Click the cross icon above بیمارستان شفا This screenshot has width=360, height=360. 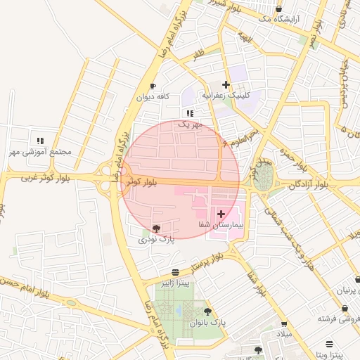click(x=221, y=213)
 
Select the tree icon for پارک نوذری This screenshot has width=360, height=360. click(x=155, y=229)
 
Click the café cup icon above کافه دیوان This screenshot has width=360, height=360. click(x=153, y=86)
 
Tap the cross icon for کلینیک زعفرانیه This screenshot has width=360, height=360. click(x=225, y=84)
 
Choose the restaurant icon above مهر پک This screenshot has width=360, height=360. click(x=189, y=113)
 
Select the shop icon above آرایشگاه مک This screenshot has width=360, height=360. click(x=279, y=9)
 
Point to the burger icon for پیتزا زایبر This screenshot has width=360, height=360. click(x=175, y=272)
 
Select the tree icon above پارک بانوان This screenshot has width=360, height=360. click(x=207, y=311)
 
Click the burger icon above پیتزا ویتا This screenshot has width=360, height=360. click(x=329, y=345)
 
